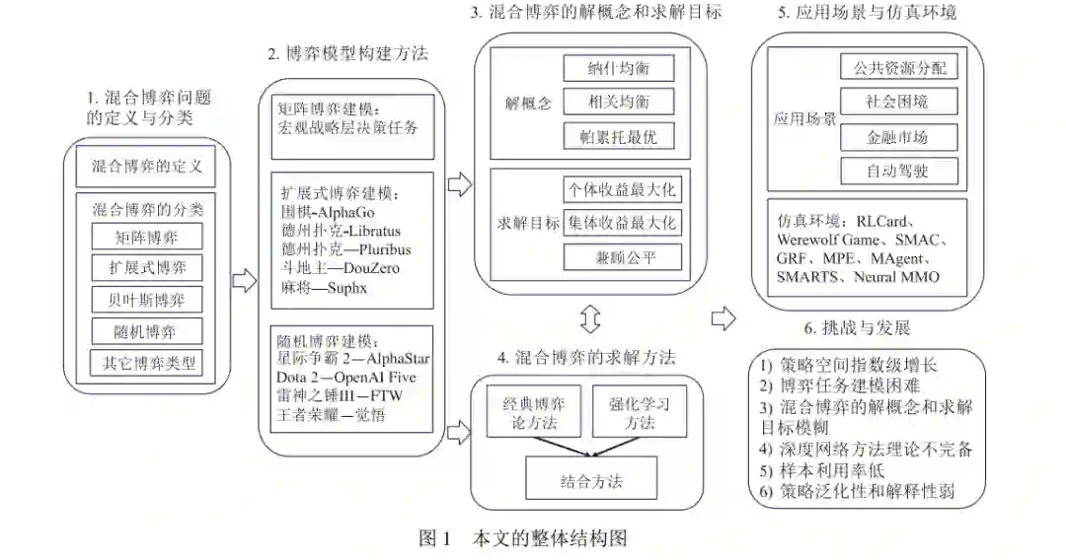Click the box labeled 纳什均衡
point(619,68)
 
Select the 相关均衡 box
point(619,102)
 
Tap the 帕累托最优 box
point(619,137)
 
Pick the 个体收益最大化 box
point(621,189)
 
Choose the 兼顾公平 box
point(621,257)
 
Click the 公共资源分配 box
point(898,68)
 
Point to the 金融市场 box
point(898,136)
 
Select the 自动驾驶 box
point(898,171)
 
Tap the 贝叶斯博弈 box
point(146,299)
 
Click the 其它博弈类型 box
point(145,362)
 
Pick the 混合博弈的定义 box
point(146,167)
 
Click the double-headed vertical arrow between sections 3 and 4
point(590,318)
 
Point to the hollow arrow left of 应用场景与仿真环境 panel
point(723,317)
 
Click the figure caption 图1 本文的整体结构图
point(523,538)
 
